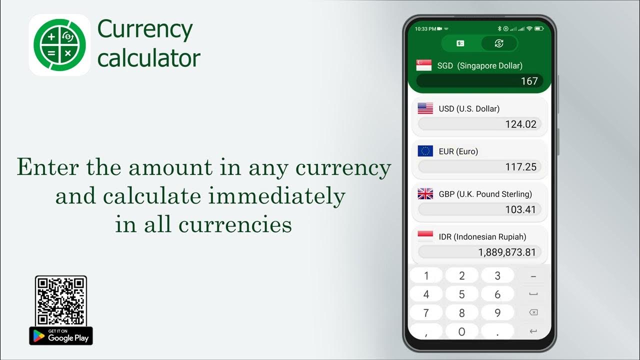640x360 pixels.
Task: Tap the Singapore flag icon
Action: [423, 65]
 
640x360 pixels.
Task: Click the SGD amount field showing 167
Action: [479, 81]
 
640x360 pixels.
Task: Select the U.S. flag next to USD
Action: [425, 108]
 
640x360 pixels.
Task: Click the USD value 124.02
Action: [479, 124]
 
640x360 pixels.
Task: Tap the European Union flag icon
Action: [425, 151]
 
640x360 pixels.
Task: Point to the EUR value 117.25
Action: [479, 167]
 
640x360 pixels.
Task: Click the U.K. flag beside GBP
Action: [425, 194]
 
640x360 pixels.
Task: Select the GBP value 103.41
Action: [479, 209]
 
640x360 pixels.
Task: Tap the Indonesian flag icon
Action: [425, 236]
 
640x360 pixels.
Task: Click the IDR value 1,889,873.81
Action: [479, 252]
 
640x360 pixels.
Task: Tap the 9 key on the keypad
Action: [497, 313]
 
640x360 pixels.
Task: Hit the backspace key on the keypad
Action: [533, 313]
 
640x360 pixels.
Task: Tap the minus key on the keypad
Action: [533, 276]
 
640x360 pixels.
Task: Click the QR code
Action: [61, 301]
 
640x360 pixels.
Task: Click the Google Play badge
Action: [61, 336]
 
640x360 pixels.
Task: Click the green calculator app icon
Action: [59, 45]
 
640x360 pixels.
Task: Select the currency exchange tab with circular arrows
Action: [498, 43]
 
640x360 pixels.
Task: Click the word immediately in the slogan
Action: [277, 196]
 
